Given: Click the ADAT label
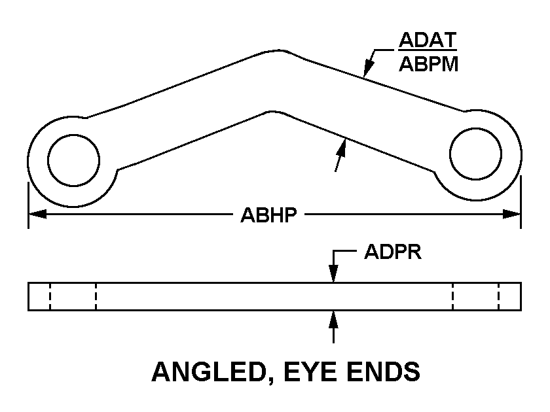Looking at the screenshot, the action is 428,40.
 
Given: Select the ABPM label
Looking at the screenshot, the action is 429,64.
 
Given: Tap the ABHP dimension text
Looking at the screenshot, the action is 268,215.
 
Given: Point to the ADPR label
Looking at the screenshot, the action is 392,252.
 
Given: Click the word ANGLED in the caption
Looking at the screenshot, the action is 208,371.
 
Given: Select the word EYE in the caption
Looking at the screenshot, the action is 311,371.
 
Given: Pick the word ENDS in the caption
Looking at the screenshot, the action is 384,371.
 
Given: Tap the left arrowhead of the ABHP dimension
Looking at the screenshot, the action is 37,214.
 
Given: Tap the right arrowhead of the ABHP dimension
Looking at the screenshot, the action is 511,214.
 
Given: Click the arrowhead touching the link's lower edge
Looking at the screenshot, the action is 342,147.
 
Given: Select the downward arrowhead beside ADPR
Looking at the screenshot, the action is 333,273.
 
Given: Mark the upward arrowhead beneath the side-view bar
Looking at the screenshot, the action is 333,319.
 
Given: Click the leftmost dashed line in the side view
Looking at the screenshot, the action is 50,296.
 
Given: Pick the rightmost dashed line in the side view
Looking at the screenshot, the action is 498,296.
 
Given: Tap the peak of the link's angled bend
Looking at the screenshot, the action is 279,50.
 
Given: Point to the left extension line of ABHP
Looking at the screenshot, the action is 28,205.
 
